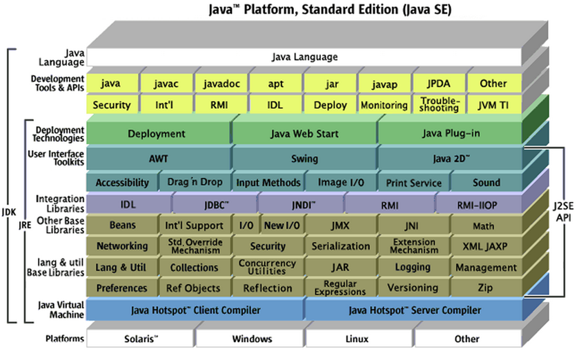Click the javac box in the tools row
(167, 83)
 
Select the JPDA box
(440, 83)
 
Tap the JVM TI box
(493, 106)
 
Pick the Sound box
(486, 183)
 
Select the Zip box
(484, 288)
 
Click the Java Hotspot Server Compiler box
(412, 310)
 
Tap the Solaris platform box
(141, 339)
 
